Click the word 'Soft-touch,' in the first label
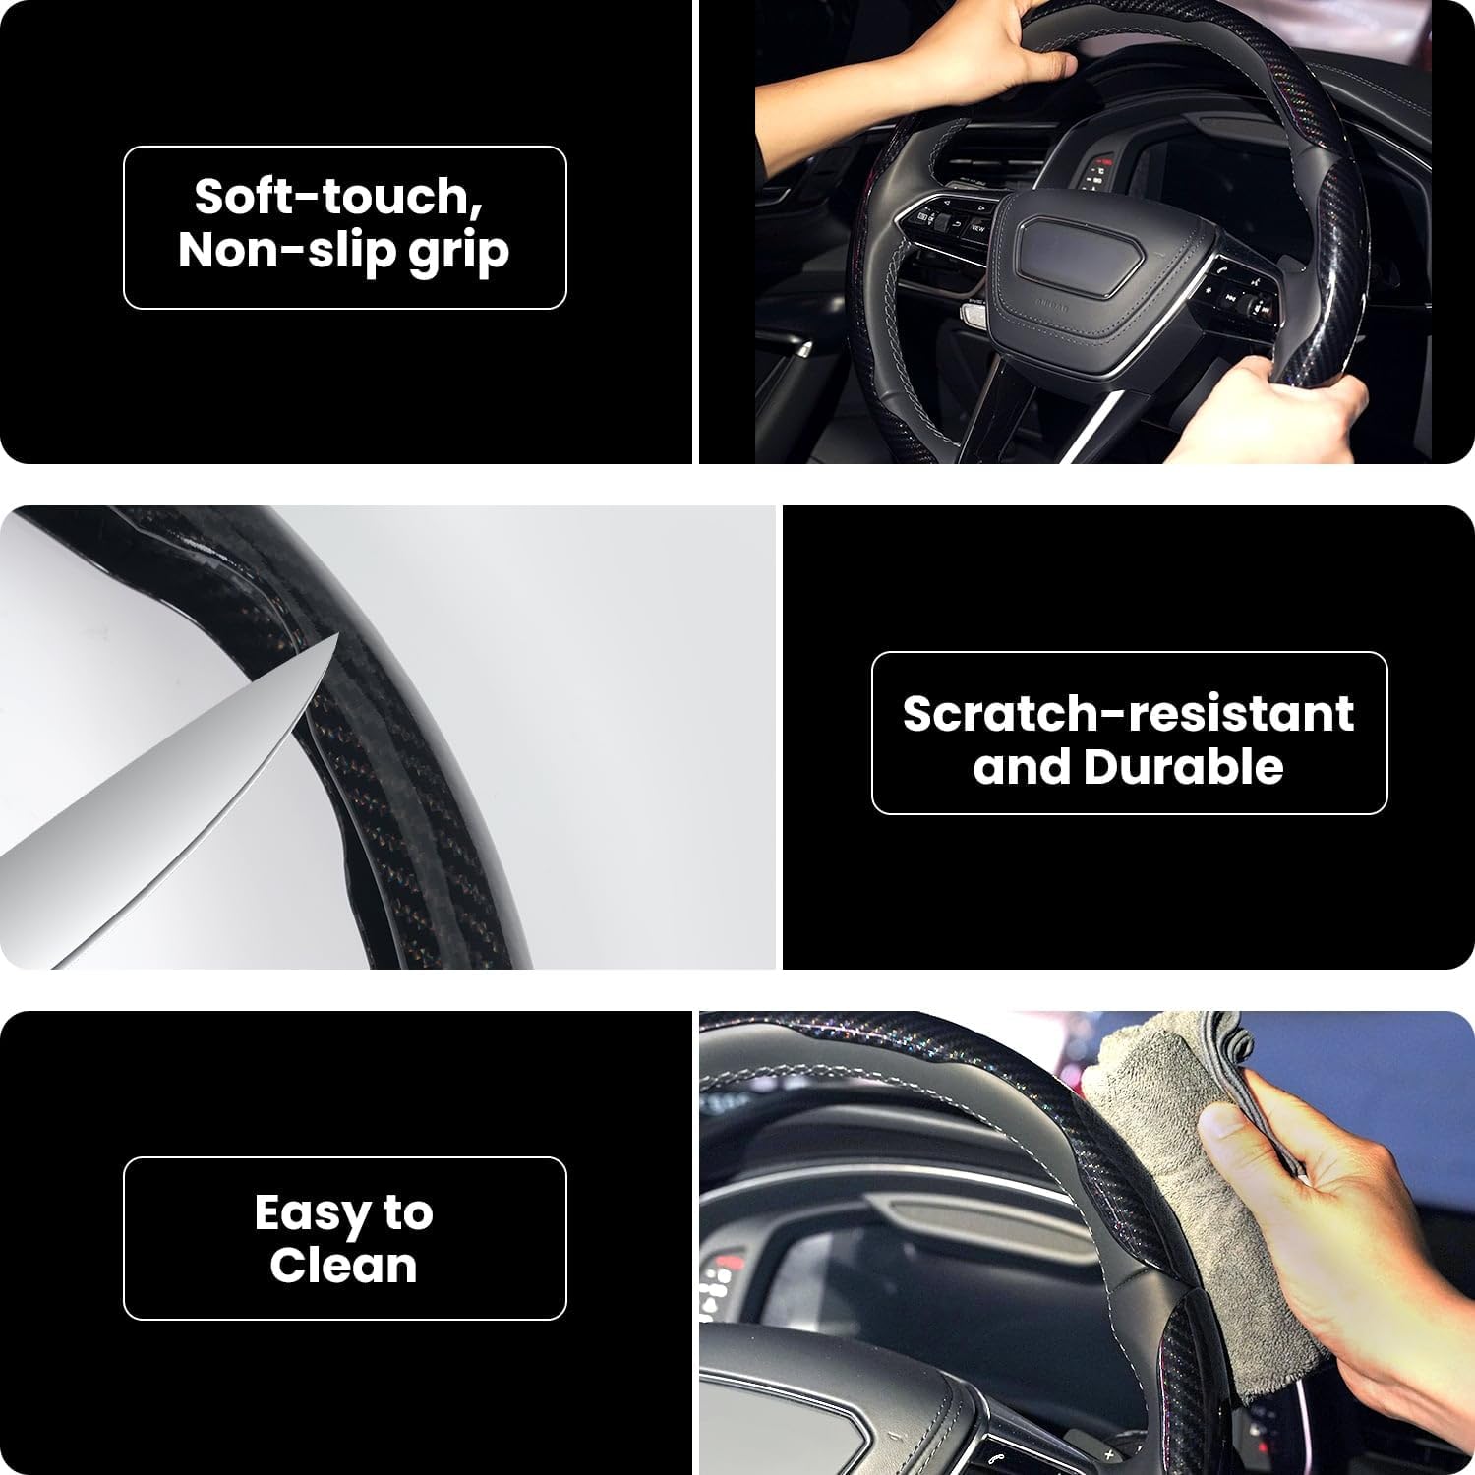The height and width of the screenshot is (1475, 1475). point(337,197)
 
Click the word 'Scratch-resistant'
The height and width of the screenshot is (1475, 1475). point(1128,713)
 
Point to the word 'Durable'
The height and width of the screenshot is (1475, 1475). point(1182,767)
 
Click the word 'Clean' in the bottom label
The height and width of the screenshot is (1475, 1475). point(343,1266)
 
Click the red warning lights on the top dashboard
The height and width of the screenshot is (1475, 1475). point(1101,162)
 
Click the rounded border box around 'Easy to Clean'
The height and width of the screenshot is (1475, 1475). point(344,1160)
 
